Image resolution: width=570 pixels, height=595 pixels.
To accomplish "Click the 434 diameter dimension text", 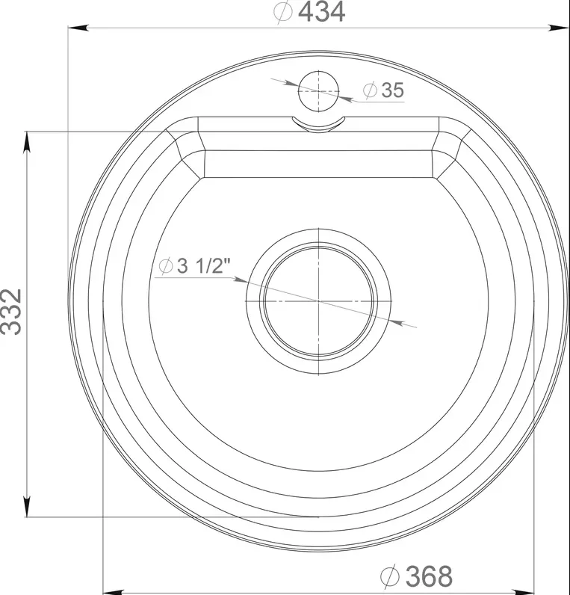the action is pyautogui.click(x=309, y=12).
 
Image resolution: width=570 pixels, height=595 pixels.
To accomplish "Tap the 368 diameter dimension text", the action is pyautogui.click(x=416, y=576).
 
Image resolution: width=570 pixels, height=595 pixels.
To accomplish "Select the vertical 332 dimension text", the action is pyautogui.click(x=11, y=312).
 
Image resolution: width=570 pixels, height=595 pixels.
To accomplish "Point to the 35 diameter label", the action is pyautogui.click(x=383, y=90).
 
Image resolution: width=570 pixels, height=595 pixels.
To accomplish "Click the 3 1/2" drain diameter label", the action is pyautogui.click(x=194, y=265).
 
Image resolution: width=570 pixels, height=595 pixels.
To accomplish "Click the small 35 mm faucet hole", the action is pyautogui.click(x=318, y=91).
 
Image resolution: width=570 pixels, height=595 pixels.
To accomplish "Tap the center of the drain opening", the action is pyautogui.click(x=318, y=301).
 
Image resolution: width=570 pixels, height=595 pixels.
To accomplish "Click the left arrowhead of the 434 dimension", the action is pyautogui.click(x=78, y=28).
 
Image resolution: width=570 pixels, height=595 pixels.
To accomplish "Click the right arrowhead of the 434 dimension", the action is pyautogui.click(x=559, y=28).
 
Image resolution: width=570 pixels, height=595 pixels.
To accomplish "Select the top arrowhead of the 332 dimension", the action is pyautogui.click(x=27, y=142).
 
